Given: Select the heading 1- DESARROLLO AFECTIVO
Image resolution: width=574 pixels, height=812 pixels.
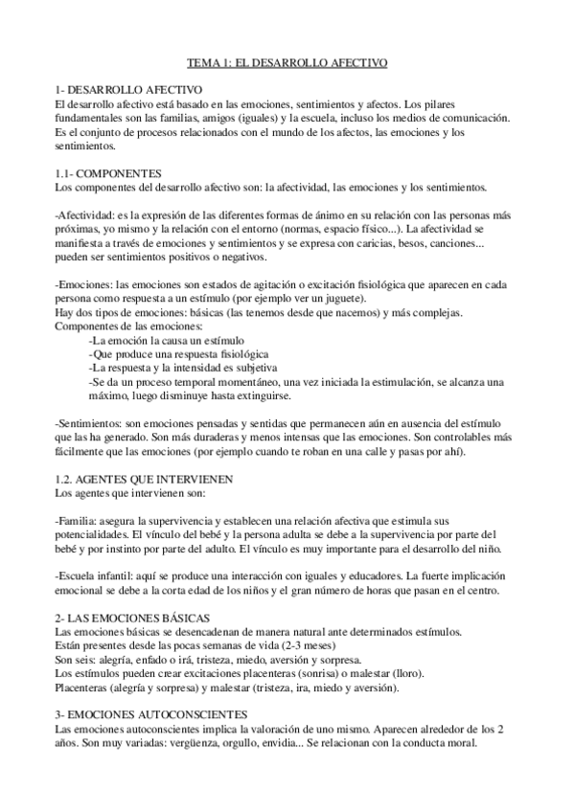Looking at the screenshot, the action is coord(121,88).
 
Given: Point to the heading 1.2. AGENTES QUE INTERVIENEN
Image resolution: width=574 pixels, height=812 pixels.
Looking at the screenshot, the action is coord(147,476).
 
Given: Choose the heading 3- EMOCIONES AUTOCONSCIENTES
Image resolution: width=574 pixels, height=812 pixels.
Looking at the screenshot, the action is coord(151,714).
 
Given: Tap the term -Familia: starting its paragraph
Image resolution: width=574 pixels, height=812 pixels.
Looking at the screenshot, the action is coord(77,516).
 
